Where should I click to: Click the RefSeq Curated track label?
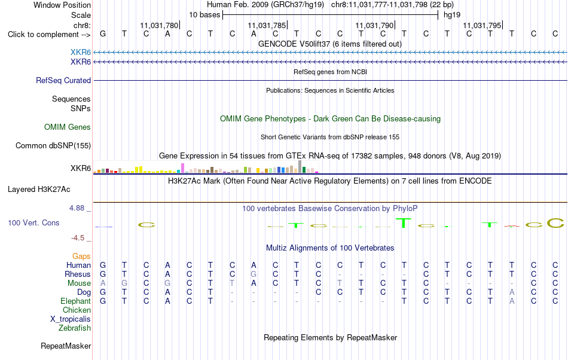click(x=63, y=80)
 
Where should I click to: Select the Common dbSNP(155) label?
click(x=53, y=145)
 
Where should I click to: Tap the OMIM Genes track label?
click(x=68, y=127)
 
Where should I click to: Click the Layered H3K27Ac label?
click(x=39, y=190)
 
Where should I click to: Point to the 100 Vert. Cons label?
click(x=33, y=222)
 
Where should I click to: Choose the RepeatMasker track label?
click(x=66, y=346)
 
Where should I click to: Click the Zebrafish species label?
click(x=75, y=328)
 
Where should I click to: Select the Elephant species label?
click(x=76, y=301)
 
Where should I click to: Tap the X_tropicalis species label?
click(x=71, y=319)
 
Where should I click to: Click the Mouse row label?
click(x=79, y=283)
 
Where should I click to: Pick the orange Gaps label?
click(x=81, y=257)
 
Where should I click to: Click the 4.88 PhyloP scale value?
click(x=77, y=208)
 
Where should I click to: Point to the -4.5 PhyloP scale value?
click(x=78, y=237)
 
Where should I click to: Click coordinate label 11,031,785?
click(x=267, y=25)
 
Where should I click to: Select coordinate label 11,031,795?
click(x=482, y=25)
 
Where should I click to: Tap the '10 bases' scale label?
click(x=204, y=15)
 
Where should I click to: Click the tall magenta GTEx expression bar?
click(x=182, y=168)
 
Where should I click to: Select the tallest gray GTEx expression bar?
click(x=300, y=167)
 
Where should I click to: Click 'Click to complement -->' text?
click(x=49, y=35)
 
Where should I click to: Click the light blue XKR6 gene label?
click(x=81, y=53)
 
